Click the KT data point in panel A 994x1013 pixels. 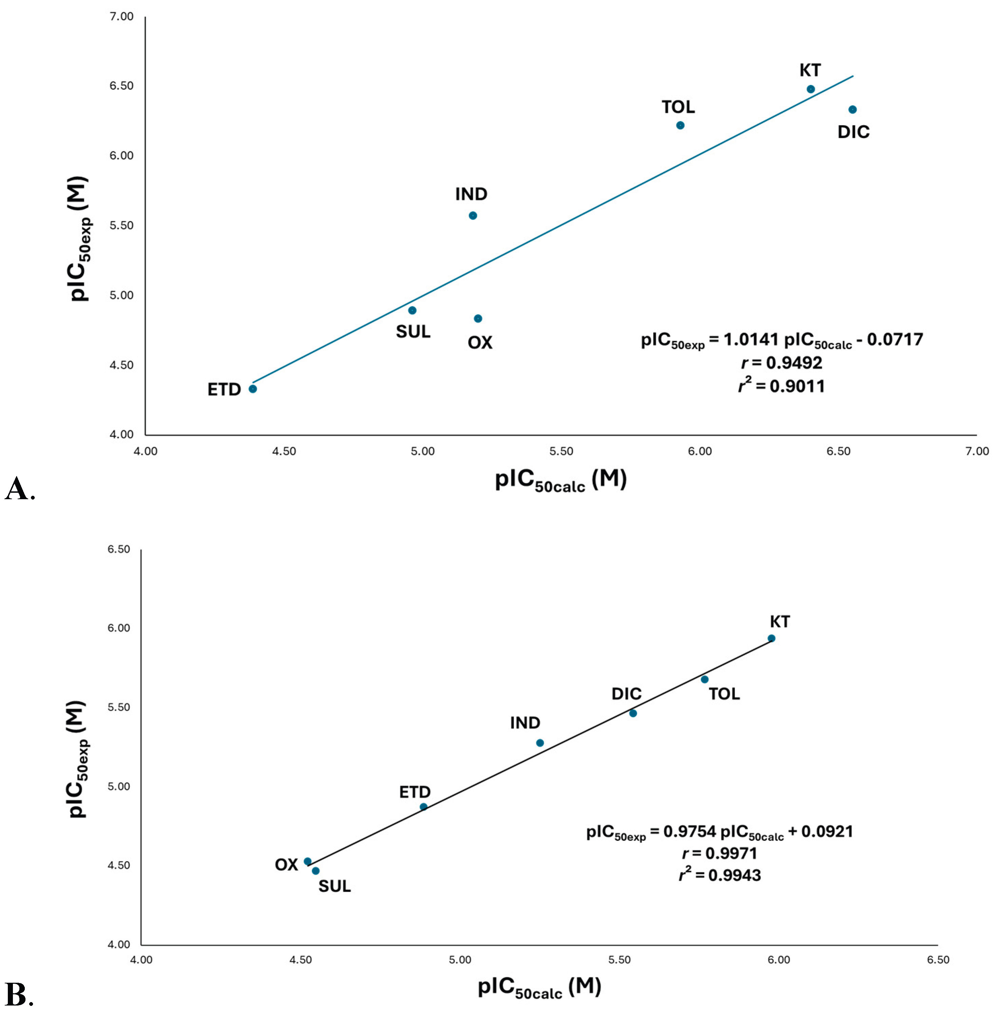811,89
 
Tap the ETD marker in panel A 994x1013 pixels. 253,389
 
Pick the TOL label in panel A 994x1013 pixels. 678,107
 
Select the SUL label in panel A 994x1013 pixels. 413,332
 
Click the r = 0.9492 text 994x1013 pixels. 782,362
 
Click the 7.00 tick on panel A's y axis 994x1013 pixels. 122,17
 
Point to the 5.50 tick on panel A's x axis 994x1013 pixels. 561,451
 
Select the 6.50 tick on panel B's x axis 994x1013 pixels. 938,959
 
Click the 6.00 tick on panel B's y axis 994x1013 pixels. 119,628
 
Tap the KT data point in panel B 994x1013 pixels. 772,639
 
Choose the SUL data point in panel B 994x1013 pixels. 316,871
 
